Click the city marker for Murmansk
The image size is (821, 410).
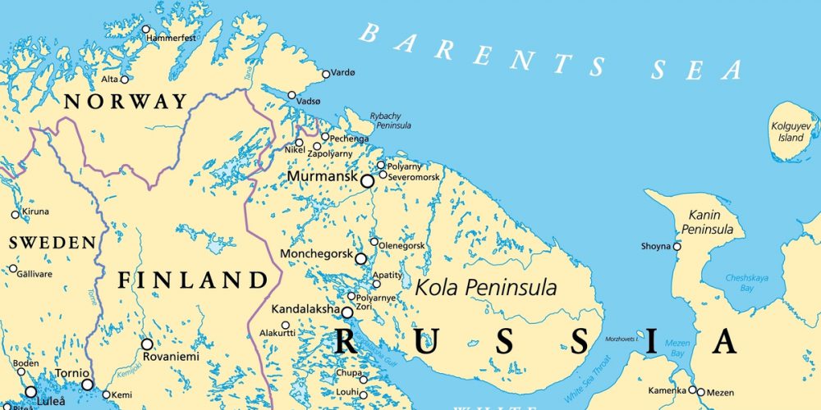[x=367, y=181]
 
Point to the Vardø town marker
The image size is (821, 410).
[x=326, y=74]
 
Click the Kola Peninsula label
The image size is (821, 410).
[x=486, y=288]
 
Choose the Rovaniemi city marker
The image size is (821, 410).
[x=147, y=344]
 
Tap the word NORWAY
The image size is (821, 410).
[x=126, y=102]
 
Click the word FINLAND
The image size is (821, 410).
[x=193, y=280]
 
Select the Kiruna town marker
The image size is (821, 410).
[x=15, y=215]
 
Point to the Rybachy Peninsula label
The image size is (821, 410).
[x=390, y=121]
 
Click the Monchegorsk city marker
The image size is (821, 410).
[x=360, y=258]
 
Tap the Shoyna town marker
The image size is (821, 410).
[x=677, y=246]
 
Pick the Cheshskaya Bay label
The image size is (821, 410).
[x=746, y=283]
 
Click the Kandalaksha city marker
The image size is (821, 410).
[x=347, y=312]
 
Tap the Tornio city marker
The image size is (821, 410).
[x=87, y=384]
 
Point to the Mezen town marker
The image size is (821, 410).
[x=692, y=390]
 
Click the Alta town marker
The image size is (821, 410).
[x=125, y=80]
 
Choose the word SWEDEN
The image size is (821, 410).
[x=52, y=243]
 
